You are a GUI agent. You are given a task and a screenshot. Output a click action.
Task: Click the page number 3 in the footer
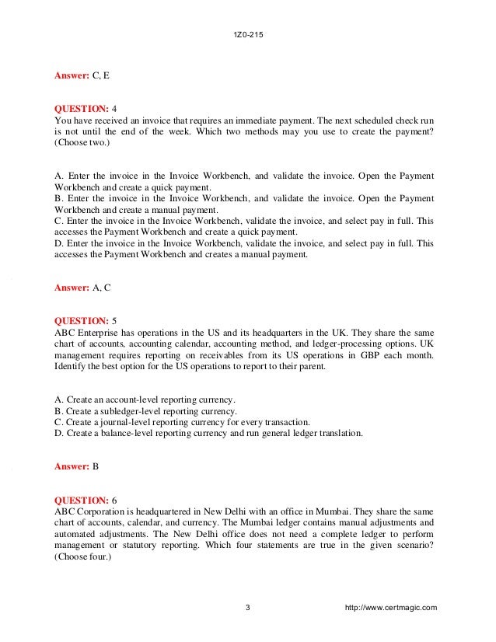pos(247,607)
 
